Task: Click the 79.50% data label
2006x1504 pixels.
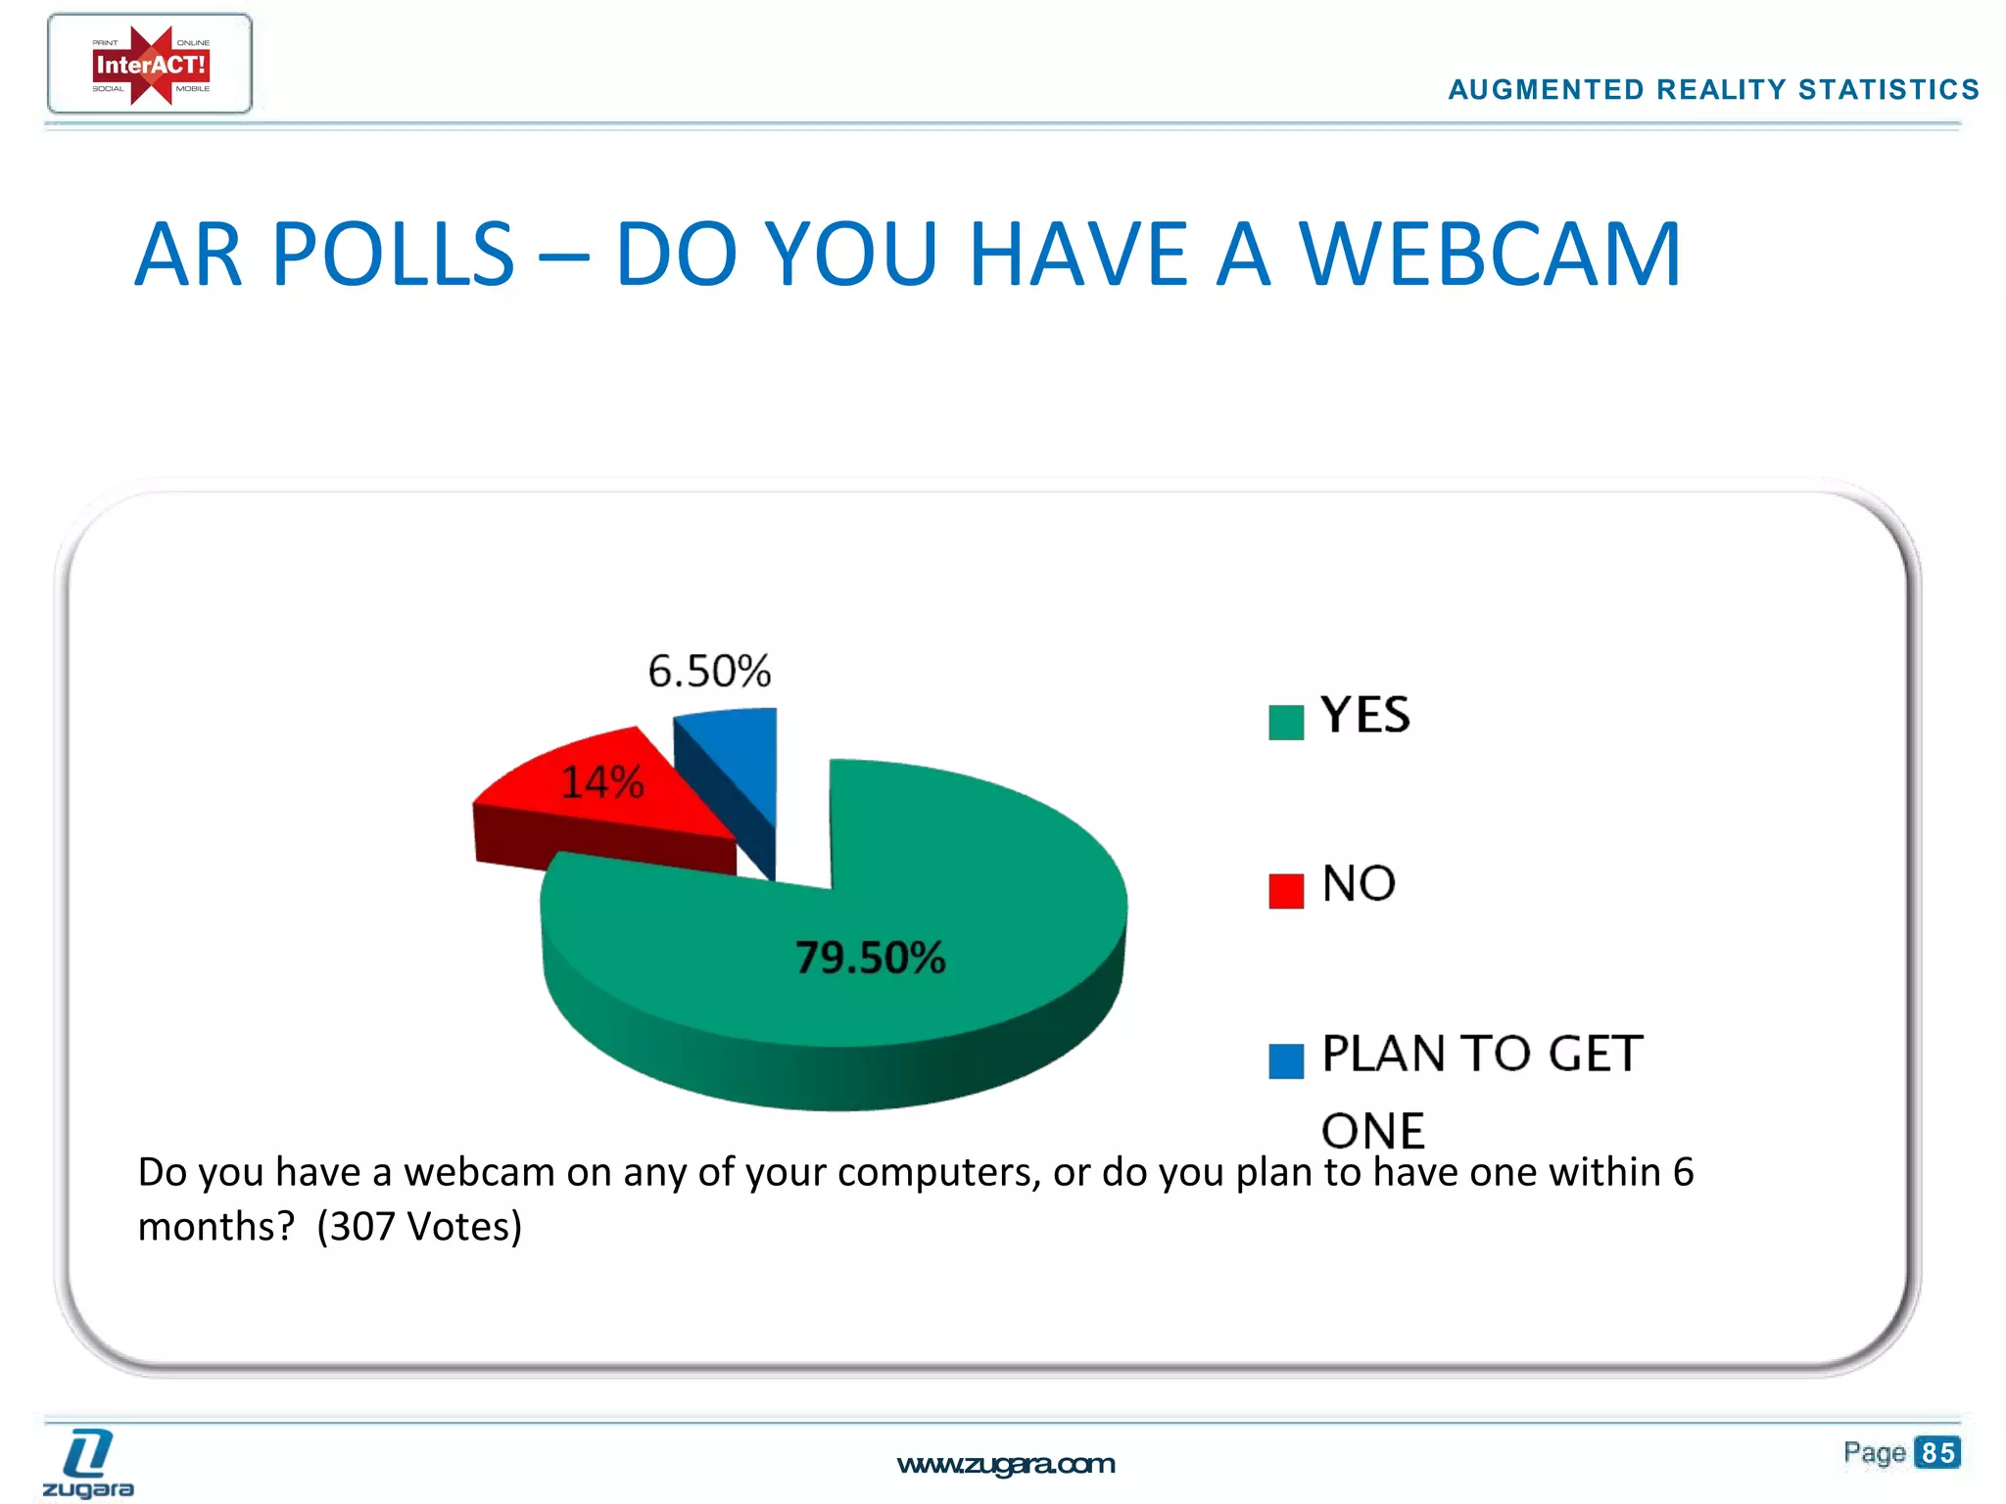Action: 870,958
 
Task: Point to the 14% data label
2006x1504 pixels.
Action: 601,782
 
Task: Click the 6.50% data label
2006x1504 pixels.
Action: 709,672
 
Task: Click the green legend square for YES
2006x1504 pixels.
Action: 1285,723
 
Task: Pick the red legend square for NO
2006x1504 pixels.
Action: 1285,891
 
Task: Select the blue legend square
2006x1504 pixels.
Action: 1285,1060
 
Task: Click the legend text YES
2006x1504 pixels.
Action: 1365,715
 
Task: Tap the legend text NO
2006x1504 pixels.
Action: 1359,883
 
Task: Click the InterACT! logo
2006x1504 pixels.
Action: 150,65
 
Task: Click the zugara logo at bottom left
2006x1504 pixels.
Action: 88,1464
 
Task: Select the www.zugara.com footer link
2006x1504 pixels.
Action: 1006,1464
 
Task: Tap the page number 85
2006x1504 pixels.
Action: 1937,1452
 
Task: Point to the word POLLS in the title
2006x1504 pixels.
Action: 393,255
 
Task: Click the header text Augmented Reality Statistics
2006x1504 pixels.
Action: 1713,90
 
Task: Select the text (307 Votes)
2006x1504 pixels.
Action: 419,1227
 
